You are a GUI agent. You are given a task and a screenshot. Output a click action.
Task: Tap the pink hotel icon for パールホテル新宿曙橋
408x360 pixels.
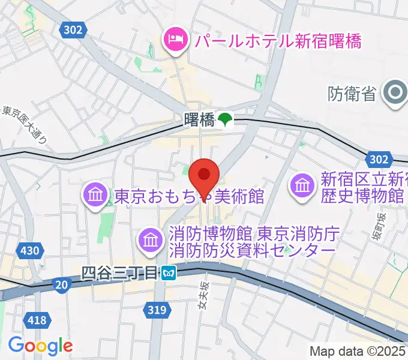tap(175, 40)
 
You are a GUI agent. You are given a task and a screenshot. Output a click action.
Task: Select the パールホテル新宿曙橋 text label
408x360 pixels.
tap(276, 41)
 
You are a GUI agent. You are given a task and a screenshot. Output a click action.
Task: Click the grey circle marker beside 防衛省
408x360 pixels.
tap(395, 93)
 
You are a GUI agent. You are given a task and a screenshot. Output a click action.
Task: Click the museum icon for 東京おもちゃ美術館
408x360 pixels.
tap(96, 196)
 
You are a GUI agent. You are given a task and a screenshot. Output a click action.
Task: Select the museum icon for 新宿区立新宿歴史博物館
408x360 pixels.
tap(303, 187)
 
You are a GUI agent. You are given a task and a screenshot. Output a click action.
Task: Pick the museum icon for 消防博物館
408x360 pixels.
tap(151, 241)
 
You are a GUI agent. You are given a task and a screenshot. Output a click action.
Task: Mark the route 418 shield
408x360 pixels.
tap(37, 320)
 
